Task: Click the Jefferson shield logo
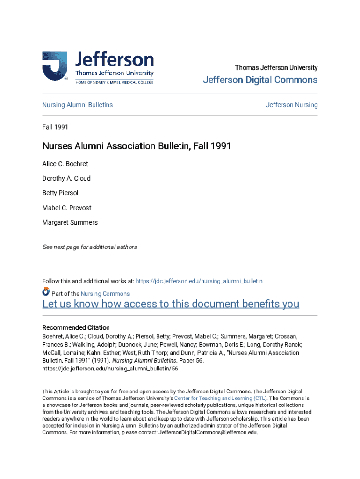54,66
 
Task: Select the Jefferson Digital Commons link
260,80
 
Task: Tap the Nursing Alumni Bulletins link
78,105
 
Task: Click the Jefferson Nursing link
292,105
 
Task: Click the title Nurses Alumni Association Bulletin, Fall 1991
137,146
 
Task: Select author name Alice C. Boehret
65,164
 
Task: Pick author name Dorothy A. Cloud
66,178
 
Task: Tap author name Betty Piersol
60,193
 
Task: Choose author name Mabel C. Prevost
67,208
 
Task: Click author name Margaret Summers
70,222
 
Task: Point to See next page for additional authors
90,247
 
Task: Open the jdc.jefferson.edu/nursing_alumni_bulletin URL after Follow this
199,281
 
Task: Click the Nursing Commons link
105,294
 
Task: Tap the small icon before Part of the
46,292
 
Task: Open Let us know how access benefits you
171,304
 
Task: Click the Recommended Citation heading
76,327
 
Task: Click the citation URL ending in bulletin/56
110,369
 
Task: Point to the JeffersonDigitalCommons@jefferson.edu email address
209,432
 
